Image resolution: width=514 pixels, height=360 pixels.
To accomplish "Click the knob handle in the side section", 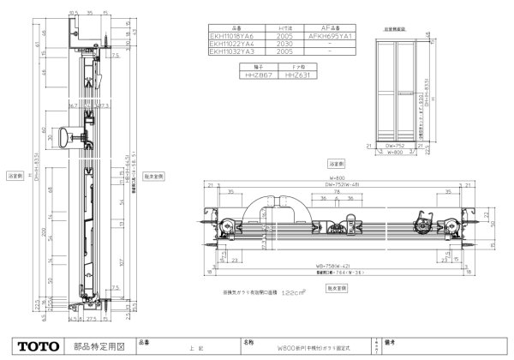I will [67, 135].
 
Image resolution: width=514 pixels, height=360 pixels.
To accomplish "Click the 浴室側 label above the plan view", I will [336, 160].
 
